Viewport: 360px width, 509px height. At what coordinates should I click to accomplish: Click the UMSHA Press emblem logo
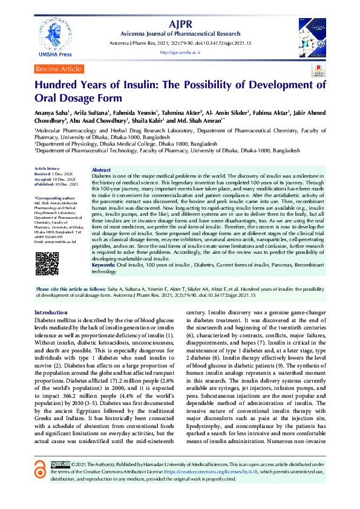point(54,33)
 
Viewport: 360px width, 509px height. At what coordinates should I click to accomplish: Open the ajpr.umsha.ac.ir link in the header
point(180,53)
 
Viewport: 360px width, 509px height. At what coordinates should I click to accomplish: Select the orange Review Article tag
point(59,70)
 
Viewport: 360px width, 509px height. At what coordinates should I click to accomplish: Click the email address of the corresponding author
point(55,241)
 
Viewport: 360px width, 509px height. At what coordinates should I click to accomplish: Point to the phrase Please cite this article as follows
point(68,289)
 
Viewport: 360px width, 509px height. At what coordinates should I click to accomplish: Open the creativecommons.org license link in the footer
point(209,471)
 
